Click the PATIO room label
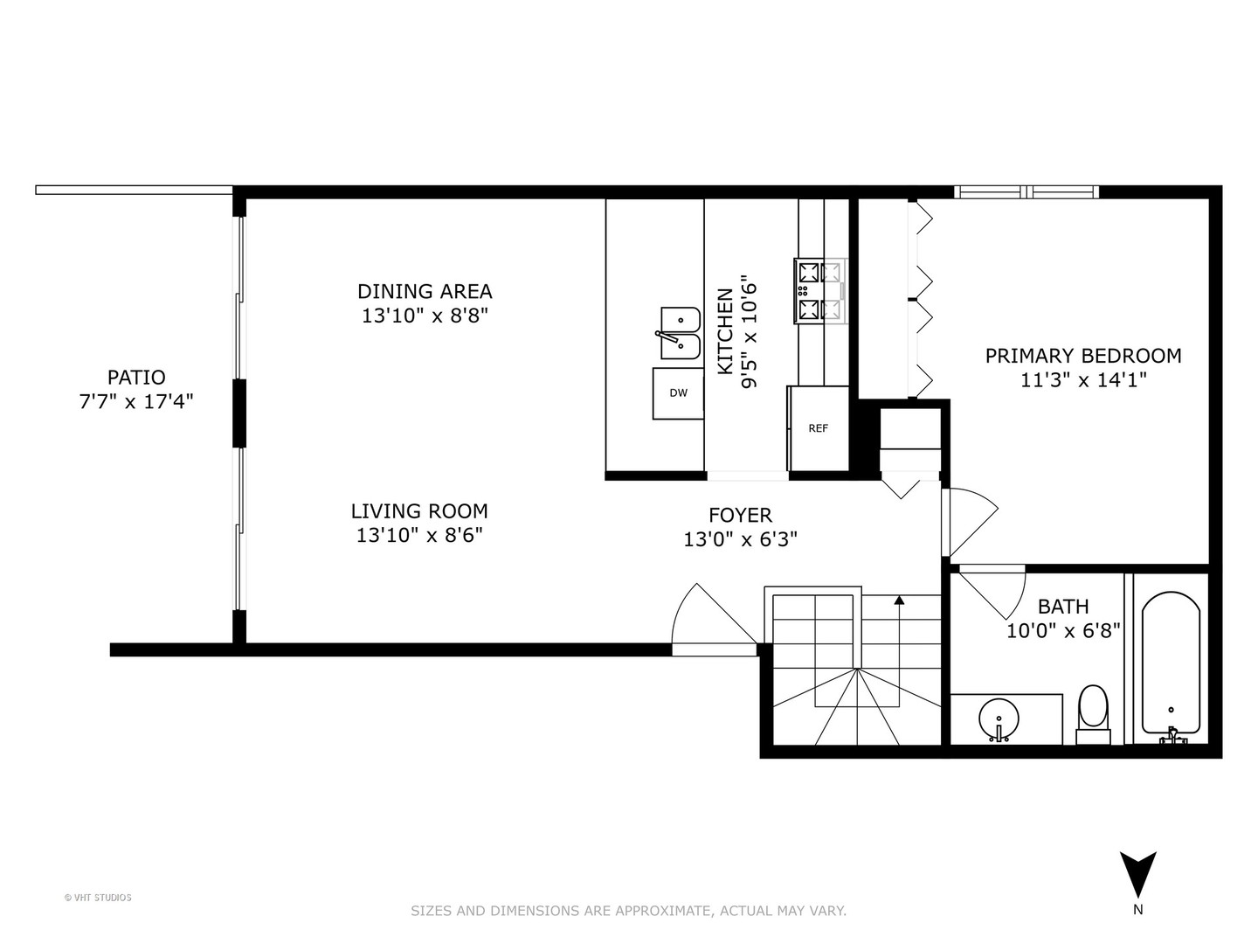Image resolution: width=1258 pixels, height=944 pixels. pos(136,377)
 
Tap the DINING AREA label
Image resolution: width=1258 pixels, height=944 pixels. pos(425,291)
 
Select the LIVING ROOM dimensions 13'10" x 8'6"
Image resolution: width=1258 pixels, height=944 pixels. pos(419,535)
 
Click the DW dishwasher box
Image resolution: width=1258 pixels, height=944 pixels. pos(678,393)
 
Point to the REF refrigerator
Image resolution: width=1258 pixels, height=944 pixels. pos(819,428)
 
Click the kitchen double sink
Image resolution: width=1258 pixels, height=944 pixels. pos(681,333)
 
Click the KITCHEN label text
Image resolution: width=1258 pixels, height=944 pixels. pos(725,332)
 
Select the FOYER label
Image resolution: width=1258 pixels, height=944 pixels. pos(741,516)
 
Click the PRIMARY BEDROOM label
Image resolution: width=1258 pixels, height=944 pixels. pos(1083,356)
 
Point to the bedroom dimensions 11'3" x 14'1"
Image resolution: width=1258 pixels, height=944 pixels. pos(1083,380)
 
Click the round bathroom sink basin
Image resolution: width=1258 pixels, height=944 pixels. pos(999,720)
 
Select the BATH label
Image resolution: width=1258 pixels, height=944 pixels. pos(1063,607)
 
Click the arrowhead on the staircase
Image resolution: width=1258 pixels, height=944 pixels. pos(899,600)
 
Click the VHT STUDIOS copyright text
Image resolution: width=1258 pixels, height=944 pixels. pos(98,898)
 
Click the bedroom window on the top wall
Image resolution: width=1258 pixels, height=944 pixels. pos(1026,192)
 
